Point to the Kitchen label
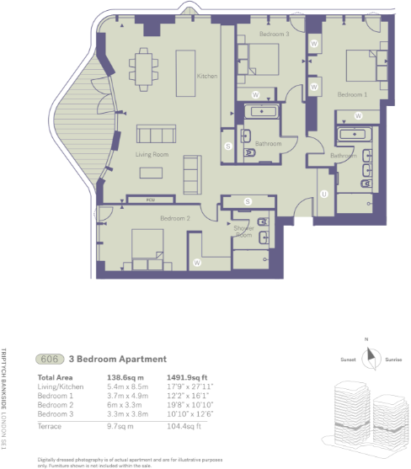pos(207,77)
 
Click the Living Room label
pos(153,155)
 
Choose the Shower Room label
pos(243,232)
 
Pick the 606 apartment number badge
pos(51,358)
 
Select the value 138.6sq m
pos(129,378)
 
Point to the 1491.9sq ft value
pos(194,378)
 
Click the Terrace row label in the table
pos(51,428)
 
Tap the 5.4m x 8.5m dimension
pos(129,386)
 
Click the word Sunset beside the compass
pos(346,360)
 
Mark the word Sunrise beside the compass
pos(394,360)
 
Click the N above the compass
pos(368,340)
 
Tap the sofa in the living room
pos(157,135)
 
